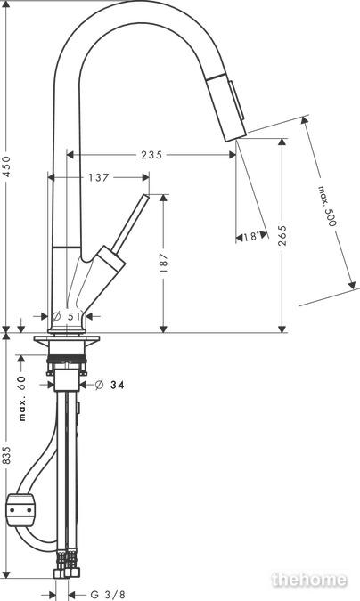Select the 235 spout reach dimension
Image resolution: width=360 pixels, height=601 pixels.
151,155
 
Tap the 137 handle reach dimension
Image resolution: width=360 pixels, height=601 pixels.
99,177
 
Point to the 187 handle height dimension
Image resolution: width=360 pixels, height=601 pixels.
163,263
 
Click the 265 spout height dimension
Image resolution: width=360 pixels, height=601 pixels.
282,235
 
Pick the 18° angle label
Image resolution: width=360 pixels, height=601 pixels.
251,237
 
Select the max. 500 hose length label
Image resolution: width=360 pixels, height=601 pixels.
327,206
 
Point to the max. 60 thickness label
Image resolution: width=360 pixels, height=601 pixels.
22,398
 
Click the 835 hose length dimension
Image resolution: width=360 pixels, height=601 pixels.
8,455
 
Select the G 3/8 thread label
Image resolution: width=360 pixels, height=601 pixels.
108,595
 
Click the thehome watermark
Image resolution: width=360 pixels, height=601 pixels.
309,580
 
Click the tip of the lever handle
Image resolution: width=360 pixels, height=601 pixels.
146,196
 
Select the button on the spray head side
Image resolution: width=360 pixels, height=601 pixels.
237,98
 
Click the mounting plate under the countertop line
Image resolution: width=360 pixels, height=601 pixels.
67,339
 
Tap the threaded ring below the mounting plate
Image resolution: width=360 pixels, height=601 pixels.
67,359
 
